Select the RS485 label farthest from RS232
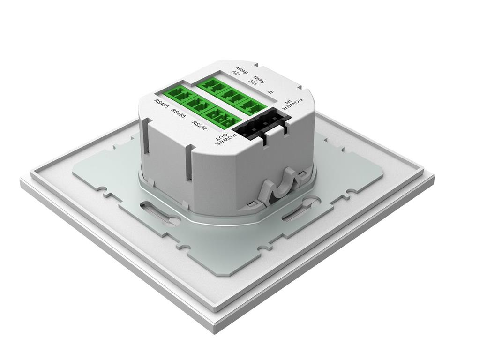pyautogui.click(x=161, y=104)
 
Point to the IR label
pyautogui.click(x=270, y=91)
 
